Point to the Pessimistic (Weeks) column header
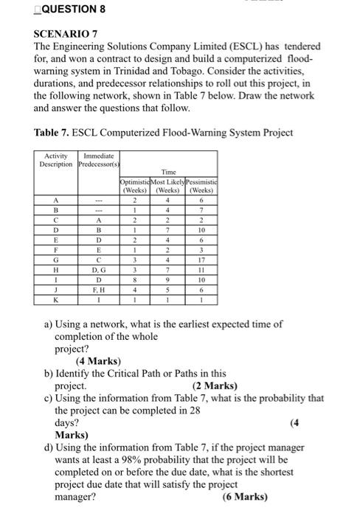196,184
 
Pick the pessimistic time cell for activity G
196,259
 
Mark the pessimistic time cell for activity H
196,269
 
